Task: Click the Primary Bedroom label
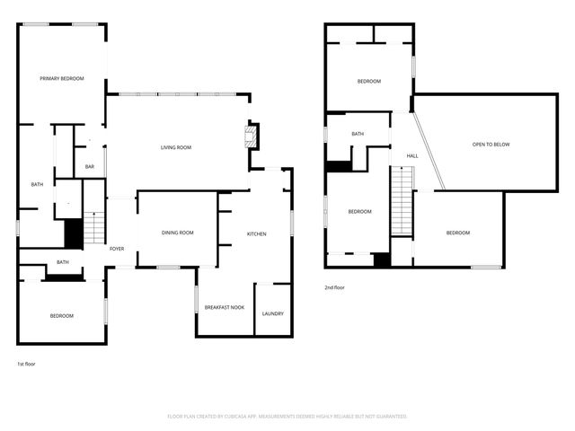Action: tap(62, 79)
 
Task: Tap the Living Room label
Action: tap(176, 147)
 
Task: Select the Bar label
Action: tap(90, 166)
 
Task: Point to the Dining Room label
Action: tap(178, 233)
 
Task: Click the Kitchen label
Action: tap(257, 234)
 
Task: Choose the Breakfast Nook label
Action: tap(225, 307)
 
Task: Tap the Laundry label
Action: tap(273, 313)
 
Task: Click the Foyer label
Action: tap(117, 249)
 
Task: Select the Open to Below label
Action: tap(491, 145)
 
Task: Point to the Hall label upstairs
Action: tap(412, 156)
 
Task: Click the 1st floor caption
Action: tap(26, 364)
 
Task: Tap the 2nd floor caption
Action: tap(335, 287)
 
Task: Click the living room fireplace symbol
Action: tap(252, 136)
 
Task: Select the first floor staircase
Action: tap(94, 229)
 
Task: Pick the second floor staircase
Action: tap(402, 202)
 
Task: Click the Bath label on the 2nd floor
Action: tap(358, 134)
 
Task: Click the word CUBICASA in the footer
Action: tap(250, 417)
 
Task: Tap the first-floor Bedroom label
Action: tap(62, 315)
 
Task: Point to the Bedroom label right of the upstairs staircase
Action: tap(458, 233)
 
